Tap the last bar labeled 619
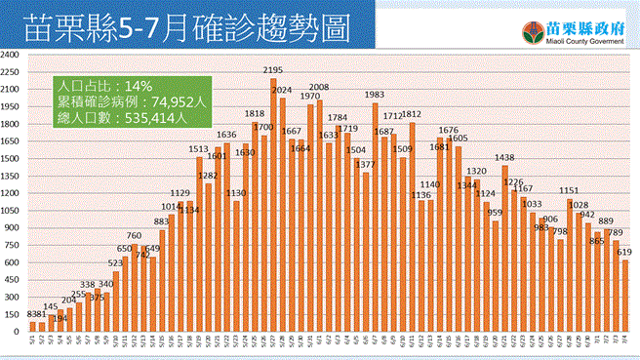point(624,297)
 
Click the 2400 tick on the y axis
point(12,56)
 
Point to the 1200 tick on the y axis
point(12,194)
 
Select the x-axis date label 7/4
point(624,342)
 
